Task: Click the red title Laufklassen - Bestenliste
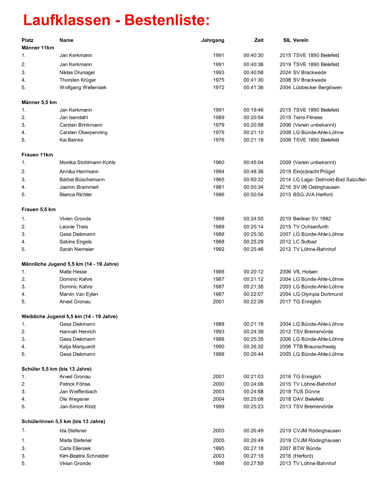(x=116, y=21)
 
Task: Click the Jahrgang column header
(x=213, y=40)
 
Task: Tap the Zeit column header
(x=259, y=40)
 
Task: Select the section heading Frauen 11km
(x=37, y=155)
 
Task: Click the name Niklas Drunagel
(x=77, y=73)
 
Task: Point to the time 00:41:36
(x=253, y=88)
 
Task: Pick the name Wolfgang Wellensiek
(x=83, y=88)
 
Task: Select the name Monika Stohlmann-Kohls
(x=87, y=163)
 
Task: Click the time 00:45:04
(x=253, y=163)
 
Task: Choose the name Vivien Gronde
(x=75, y=219)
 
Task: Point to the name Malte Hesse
(x=73, y=272)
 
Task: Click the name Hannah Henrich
(x=77, y=332)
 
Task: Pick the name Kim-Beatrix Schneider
(x=84, y=456)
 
